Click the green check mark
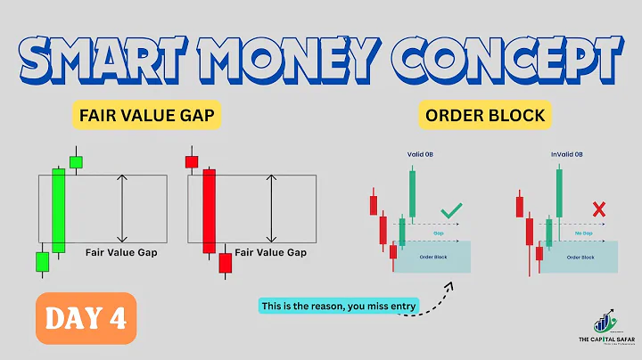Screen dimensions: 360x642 tap(452, 211)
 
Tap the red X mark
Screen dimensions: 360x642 tap(599, 211)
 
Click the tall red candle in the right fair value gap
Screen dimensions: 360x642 tap(209, 212)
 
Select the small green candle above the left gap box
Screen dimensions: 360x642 tap(76, 161)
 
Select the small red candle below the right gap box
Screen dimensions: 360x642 tap(225, 263)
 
